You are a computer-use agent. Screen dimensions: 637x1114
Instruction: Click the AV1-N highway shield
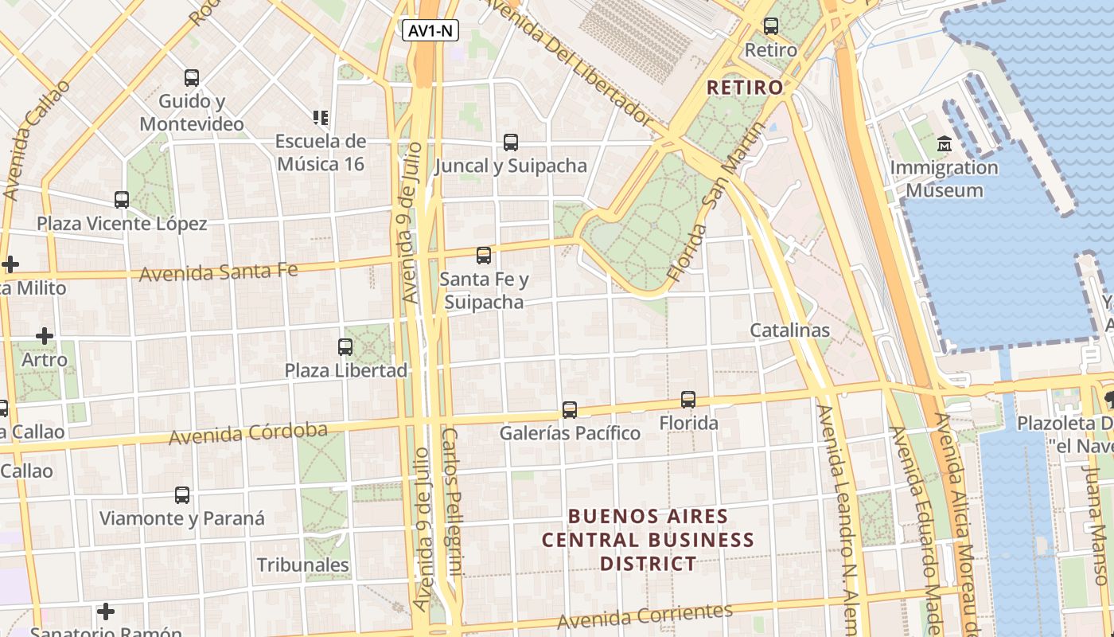[x=430, y=31]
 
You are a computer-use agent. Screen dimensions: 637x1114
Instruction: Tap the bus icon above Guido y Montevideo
[x=192, y=78]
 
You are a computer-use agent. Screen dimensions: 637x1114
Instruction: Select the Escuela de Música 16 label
[x=320, y=152]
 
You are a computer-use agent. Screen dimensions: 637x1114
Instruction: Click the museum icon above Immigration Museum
[x=945, y=144]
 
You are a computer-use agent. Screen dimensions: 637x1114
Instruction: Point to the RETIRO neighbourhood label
[x=745, y=88]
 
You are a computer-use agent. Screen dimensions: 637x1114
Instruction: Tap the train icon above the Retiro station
[x=770, y=26]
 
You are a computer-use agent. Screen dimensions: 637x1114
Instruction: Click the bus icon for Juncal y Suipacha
[x=511, y=143]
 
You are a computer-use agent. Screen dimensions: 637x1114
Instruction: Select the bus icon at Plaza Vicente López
[x=122, y=200]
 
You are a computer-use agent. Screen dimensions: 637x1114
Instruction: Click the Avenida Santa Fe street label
[x=218, y=272]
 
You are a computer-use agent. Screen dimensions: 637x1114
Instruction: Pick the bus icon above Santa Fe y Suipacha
[x=484, y=256]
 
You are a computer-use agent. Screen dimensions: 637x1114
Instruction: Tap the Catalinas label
[x=789, y=330]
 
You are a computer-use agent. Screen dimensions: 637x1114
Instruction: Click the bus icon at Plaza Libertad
[x=345, y=347]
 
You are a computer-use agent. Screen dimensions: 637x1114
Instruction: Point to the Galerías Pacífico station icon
[x=570, y=410]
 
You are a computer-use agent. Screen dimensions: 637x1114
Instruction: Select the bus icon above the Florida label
[x=688, y=400]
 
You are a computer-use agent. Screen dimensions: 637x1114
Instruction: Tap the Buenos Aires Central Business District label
[x=648, y=540]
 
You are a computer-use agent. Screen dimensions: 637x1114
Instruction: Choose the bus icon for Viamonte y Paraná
[x=182, y=495]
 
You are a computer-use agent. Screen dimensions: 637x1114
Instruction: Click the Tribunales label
[x=302, y=565]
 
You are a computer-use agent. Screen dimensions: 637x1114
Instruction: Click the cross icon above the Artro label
[x=45, y=336]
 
